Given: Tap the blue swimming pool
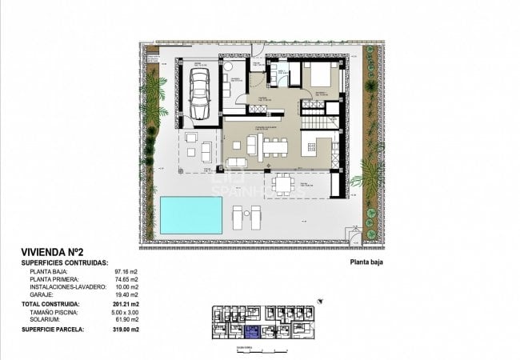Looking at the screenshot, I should (190, 214).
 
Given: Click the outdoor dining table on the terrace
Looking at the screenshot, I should (283, 185).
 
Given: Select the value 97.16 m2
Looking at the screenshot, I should (129, 272).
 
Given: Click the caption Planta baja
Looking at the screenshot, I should (369, 262).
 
